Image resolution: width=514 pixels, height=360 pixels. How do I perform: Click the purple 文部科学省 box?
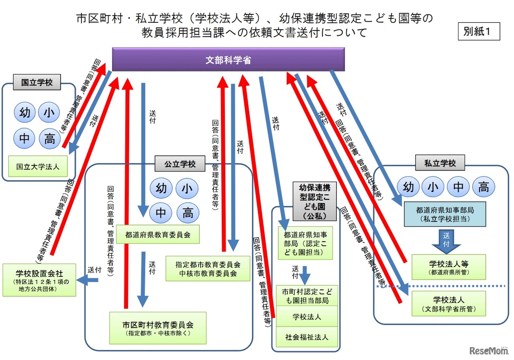coord(228,59)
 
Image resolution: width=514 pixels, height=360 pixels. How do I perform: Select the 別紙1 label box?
coord(479,31)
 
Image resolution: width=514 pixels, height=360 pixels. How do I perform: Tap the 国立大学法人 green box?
coord(38,167)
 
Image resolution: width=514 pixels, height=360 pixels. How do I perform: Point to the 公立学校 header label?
coord(180,164)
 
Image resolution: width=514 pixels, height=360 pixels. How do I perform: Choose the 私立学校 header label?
coord(440,163)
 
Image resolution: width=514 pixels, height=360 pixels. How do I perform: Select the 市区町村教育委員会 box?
coord(158,327)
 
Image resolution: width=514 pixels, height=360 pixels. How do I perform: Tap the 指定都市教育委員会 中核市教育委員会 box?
coord(208,269)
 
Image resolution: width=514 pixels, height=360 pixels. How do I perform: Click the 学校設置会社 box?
coord(39,280)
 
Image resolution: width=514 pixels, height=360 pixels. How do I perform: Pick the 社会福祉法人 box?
coord(307,337)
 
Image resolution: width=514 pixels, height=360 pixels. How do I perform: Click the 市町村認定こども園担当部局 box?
coord(307,296)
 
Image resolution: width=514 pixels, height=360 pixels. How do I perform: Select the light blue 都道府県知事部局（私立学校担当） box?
coord(439,214)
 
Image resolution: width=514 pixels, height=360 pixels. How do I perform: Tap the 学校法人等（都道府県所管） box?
coord(449,267)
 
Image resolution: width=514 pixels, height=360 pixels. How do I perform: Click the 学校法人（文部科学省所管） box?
coord(449,304)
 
